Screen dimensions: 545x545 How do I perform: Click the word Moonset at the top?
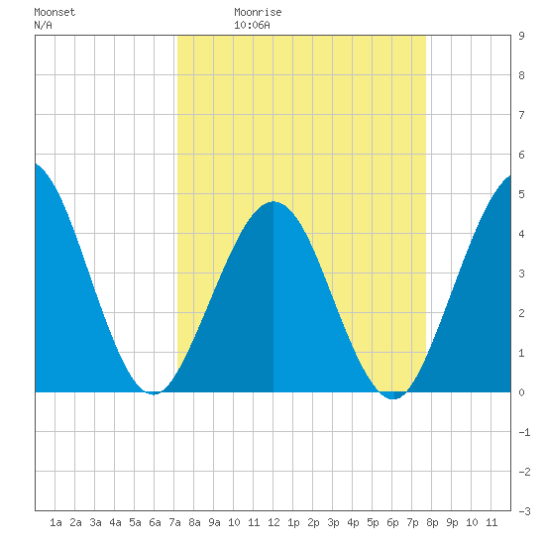coord(54,12)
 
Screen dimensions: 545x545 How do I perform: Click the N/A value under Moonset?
coord(43,25)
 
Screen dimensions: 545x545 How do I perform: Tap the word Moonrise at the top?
coord(258,12)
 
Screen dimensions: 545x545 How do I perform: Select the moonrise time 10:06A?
coord(252,25)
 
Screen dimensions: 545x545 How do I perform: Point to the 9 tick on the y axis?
coord(521,36)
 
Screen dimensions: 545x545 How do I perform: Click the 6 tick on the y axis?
coord(521,155)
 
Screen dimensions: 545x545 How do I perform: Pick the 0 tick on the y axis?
coord(521,392)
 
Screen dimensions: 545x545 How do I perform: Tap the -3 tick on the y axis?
coord(524,511)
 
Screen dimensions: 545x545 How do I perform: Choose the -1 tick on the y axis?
coord(524,432)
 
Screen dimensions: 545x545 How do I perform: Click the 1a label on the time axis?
coord(55,522)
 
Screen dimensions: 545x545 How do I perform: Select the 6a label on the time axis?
coord(155,522)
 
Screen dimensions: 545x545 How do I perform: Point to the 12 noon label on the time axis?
coord(273,522)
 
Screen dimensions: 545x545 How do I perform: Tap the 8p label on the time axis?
coord(432,522)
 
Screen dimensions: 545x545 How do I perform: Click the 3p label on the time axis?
coord(333,522)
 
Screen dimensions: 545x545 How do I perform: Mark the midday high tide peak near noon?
coord(273,201)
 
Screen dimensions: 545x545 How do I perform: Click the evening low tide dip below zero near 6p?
coord(392,398)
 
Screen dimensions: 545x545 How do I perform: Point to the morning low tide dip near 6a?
coord(154,394)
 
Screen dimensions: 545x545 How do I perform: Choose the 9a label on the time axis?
coord(214,522)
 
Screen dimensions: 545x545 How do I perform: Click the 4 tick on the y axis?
coord(521,234)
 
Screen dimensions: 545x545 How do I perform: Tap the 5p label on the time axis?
coord(373,522)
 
